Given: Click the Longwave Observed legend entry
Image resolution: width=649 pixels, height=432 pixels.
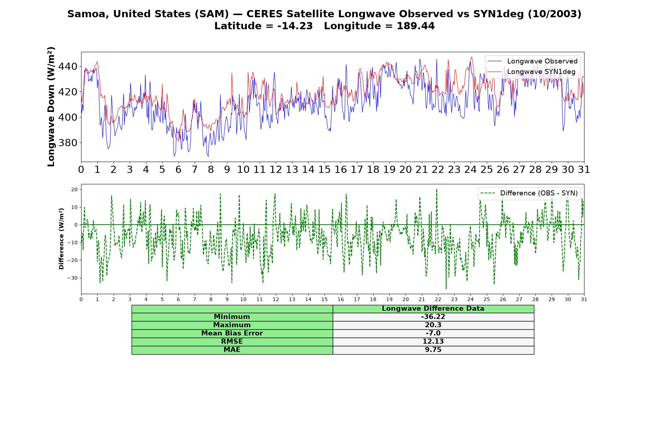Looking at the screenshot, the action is click(532, 61).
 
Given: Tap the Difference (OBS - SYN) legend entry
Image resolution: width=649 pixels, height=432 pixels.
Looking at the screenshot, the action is click(529, 193).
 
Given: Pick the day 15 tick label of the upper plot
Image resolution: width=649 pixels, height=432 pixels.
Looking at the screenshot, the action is click(324, 170).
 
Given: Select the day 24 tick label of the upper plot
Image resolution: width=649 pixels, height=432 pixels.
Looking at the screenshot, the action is click(471, 170).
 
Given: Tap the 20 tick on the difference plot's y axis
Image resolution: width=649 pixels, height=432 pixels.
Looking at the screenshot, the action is click(75, 189).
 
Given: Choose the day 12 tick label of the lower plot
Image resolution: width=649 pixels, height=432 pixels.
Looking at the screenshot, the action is click(276, 299).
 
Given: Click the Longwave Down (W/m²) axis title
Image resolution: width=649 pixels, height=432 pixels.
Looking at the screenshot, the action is click(51, 107).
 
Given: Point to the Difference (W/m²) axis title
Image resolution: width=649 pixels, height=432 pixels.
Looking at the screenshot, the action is click(61, 239).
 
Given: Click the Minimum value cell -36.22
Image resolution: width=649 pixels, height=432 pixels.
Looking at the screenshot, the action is click(433, 317).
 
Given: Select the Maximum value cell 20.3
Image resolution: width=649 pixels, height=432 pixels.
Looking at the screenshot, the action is click(433, 325).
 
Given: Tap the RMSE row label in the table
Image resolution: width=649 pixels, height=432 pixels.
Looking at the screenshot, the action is click(232, 342).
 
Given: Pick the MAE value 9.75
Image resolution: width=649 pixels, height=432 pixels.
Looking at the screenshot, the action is click(433, 350).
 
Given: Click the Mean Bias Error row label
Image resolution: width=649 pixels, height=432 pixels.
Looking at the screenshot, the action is click(232, 333).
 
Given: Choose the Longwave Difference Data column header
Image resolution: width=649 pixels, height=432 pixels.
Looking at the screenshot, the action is click(433, 309).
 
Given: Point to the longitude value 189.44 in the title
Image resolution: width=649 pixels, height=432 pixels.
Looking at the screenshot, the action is click(416, 26).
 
